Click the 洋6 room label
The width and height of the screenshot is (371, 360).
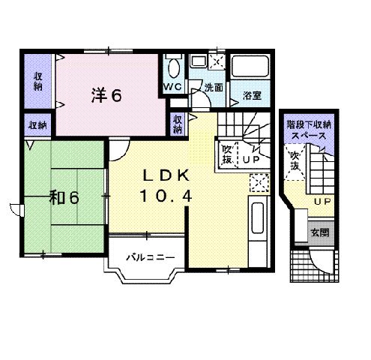[x=106, y=95]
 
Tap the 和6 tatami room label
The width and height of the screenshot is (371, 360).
[x=64, y=197]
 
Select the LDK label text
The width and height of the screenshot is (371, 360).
[x=166, y=175]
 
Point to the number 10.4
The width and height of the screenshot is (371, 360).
[x=166, y=196]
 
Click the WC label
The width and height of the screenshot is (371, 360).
[x=172, y=87]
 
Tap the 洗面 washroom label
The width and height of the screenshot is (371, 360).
[x=214, y=88]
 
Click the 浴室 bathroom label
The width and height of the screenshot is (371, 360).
[x=252, y=95]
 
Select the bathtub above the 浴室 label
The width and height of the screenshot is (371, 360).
[x=250, y=67]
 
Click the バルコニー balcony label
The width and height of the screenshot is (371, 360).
[x=151, y=257]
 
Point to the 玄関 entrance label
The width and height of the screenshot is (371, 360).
[x=320, y=232]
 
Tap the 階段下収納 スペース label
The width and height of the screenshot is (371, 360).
[x=309, y=130]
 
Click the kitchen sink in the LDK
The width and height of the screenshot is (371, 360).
[x=258, y=217]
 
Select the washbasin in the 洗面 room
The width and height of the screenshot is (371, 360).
[x=199, y=61]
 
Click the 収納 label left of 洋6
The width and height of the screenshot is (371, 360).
[x=38, y=82]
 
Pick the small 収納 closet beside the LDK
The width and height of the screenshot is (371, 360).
[x=178, y=124]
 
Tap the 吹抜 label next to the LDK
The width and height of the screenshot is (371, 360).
[x=227, y=154]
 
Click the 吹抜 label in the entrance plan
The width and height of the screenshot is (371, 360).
[x=295, y=160]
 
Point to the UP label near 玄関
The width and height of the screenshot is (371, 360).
[x=322, y=201]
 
